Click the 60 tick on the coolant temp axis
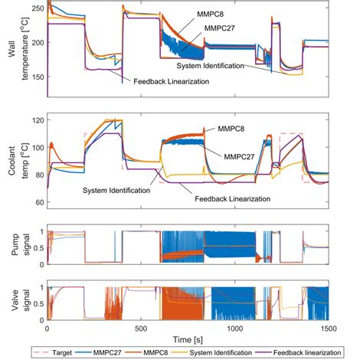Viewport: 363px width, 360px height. pyautogui.click(x=35, y=202)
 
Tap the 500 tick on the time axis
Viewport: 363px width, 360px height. pyautogui.click(x=141, y=328)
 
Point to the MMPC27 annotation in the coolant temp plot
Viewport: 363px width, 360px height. pyautogui.click(x=239, y=156)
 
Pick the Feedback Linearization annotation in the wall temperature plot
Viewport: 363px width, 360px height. pyautogui.click(x=169, y=80)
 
